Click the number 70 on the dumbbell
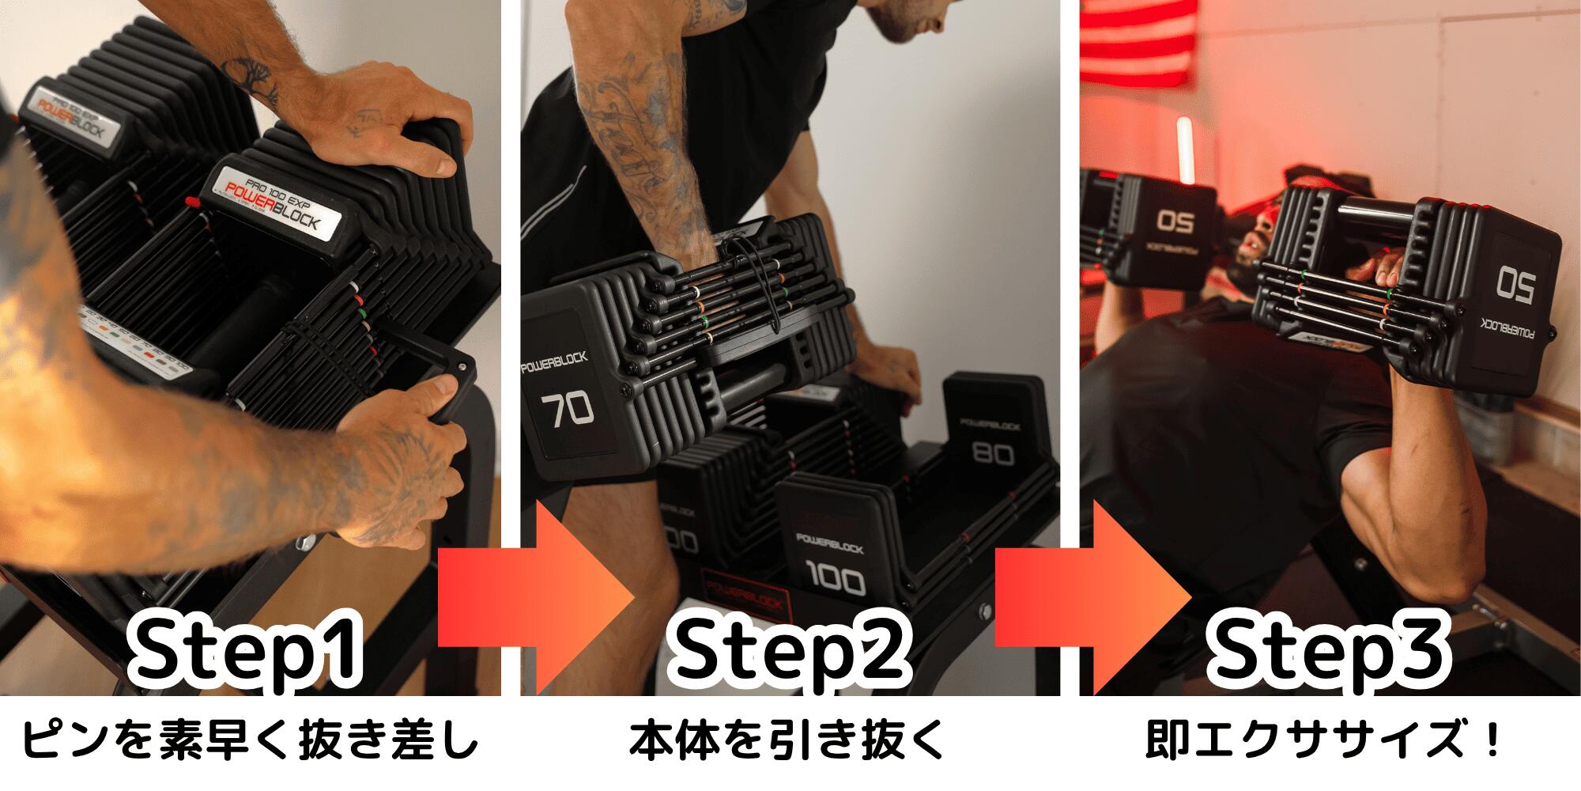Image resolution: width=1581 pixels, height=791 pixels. coord(567,410)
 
